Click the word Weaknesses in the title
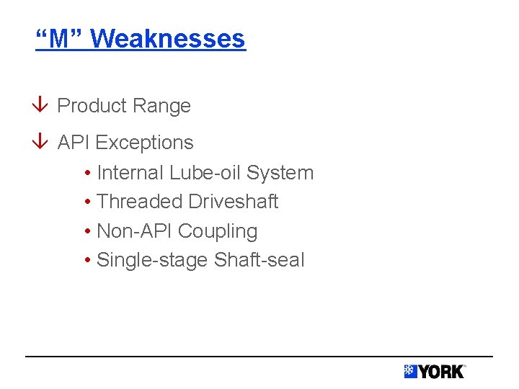168,38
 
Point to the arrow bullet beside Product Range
41,106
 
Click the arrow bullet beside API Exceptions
41,143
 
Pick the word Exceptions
144,143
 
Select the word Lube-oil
205,173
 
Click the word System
280,173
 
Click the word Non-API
134,231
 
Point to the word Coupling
218,231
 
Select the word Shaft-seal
259,260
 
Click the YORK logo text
441,372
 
